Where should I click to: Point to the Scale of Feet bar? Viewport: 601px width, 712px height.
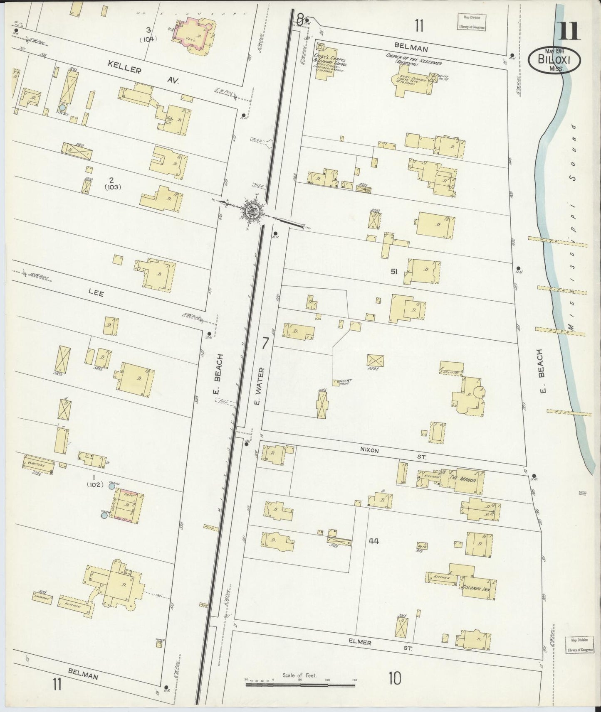tap(299, 682)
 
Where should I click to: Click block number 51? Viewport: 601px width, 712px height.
tap(394, 272)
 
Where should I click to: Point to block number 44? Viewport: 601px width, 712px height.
tap(374, 541)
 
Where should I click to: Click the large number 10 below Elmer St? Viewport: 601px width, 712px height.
tap(395, 679)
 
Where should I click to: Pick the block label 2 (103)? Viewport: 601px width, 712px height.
tap(112, 183)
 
